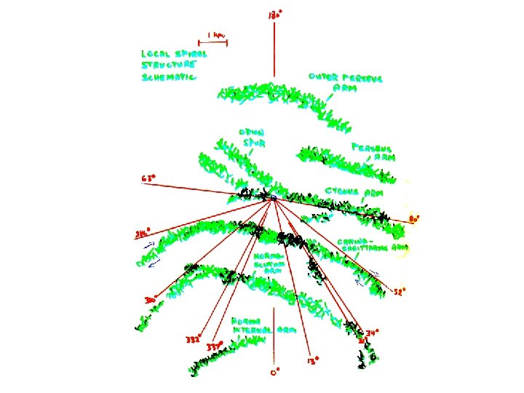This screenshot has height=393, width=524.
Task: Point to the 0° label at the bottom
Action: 274,371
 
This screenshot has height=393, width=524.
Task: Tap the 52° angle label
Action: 400,290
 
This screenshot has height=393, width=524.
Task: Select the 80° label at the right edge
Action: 414,218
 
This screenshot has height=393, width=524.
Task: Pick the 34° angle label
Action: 372,333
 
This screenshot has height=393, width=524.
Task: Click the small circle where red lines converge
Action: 274,198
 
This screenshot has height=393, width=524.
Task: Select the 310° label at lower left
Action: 151,299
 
